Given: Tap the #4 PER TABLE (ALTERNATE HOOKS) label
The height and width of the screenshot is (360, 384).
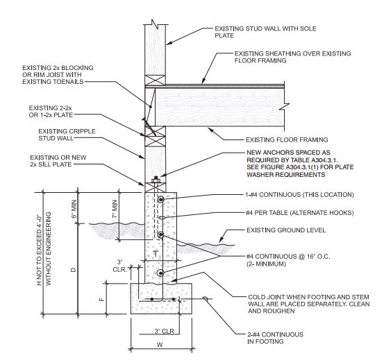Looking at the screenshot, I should click(299, 213).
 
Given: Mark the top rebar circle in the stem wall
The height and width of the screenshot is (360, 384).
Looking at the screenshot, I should click(160, 199).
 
